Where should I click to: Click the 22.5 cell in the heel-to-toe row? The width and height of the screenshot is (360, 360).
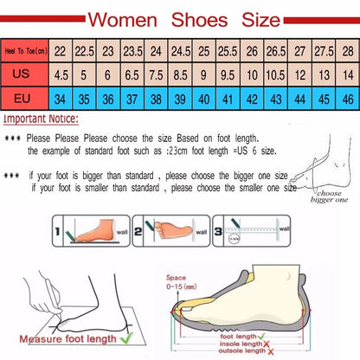(x=83, y=51)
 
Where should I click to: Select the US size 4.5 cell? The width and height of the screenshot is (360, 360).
(x=60, y=74)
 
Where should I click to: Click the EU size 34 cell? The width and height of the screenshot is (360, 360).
(x=60, y=98)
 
